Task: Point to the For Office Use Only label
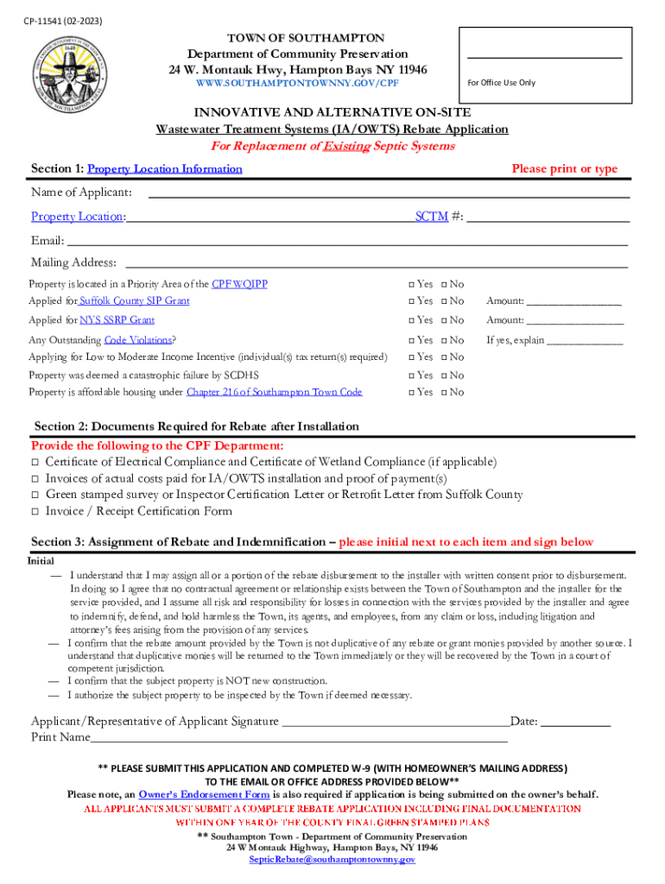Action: [x=501, y=83]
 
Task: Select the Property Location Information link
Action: [x=165, y=169]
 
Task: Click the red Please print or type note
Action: [x=564, y=169]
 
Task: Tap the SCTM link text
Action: [x=431, y=217]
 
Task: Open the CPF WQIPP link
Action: [x=240, y=284]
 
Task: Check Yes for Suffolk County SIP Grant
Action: [x=411, y=301]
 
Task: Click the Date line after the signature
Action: [x=576, y=723]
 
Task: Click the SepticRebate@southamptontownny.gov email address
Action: [x=332, y=860]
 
